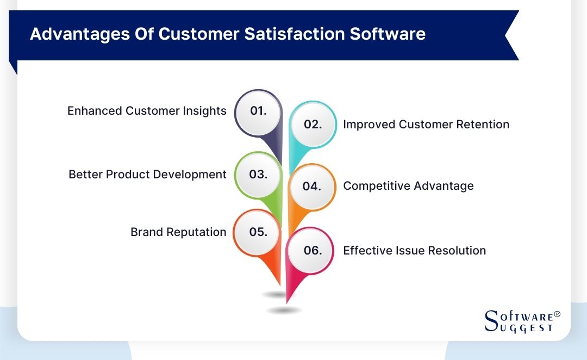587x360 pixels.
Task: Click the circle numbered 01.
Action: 258,111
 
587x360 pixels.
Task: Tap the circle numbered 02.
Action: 313,125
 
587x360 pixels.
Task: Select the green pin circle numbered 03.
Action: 258,175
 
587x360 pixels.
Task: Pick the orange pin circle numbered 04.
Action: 311,187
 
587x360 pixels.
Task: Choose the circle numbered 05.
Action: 258,232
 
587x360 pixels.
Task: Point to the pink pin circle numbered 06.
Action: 313,251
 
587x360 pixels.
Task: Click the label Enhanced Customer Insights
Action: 147,111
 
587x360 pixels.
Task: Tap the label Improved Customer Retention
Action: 426,125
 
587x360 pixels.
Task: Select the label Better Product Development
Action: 147,175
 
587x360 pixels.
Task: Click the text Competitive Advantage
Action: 408,186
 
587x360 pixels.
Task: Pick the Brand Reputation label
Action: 178,232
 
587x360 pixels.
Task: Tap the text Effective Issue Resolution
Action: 414,251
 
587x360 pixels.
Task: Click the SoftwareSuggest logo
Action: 521,321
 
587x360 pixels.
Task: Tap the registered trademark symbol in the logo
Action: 557,315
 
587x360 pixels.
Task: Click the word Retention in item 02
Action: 483,125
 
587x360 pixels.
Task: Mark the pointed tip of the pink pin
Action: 287,302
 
